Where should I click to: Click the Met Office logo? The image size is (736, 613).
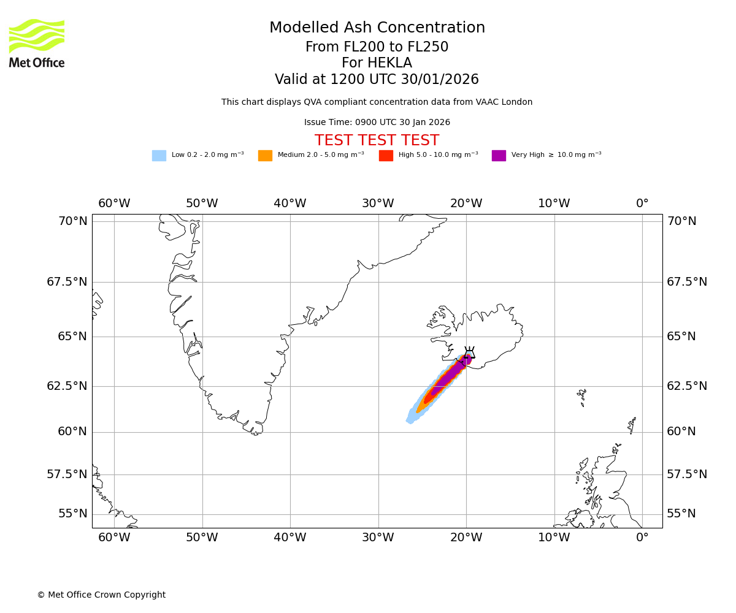coord(37,43)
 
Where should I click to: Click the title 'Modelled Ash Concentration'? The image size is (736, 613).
coord(377,28)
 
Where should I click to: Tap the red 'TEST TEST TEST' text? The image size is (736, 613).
coord(377,141)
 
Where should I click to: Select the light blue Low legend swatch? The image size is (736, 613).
coord(159,156)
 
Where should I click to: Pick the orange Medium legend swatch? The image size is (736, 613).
coord(265,156)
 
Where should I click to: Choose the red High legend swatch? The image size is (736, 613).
coord(386,156)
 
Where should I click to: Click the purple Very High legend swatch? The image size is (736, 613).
coord(499,156)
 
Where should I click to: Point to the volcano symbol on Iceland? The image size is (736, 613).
coord(469,353)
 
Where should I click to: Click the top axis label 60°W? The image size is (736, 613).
coord(114,204)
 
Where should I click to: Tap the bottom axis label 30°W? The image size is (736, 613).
coord(378,538)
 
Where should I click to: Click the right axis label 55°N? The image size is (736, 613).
coord(681,514)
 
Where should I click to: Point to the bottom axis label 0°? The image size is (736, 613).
coord(642,538)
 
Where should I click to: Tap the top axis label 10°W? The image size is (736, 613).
coord(554,204)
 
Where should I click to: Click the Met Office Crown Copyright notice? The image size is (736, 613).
coord(101,595)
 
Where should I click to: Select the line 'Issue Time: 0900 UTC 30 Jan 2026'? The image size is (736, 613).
coord(377,123)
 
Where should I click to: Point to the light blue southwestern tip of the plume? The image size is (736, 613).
coord(410,419)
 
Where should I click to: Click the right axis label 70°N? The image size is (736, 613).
coord(681,221)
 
